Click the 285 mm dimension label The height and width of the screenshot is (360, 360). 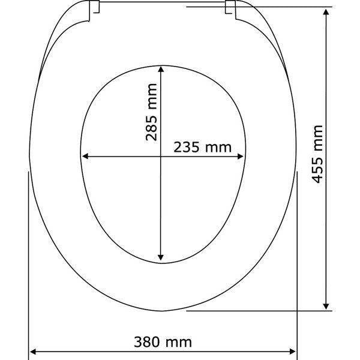[x=151, y=112]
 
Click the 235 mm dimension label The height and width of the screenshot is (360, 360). [x=202, y=147]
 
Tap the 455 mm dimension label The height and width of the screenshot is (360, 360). [x=317, y=154]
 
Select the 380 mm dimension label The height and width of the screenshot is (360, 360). [x=163, y=342]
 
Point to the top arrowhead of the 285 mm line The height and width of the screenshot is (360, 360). [x=161, y=69]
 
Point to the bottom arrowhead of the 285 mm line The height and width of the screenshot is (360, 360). [x=161, y=257]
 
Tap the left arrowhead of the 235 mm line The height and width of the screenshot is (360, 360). [x=85, y=157]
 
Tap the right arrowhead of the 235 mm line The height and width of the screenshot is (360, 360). [x=240, y=157]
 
